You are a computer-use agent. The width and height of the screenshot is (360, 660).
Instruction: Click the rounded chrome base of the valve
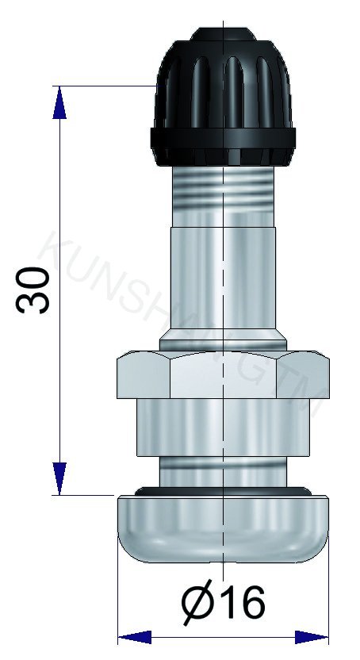pyautogui.click(x=223, y=531)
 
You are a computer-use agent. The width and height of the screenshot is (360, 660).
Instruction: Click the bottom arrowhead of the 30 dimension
pyautogui.click(x=58, y=479)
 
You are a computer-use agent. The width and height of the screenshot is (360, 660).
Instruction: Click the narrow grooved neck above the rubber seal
pyautogui.click(x=223, y=473)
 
